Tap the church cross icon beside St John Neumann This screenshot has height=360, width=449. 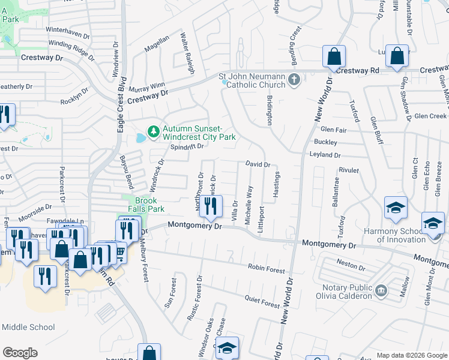[294, 79]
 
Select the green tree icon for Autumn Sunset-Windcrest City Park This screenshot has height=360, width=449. [154, 130]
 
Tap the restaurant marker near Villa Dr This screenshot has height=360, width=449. [211, 208]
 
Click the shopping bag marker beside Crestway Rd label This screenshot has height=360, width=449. [397, 56]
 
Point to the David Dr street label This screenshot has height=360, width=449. [258, 164]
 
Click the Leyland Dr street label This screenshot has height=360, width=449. [325, 155]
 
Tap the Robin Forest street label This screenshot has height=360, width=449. [266, 268]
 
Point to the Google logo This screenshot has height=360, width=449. [20, 353]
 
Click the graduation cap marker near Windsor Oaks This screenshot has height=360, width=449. [228, 348]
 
